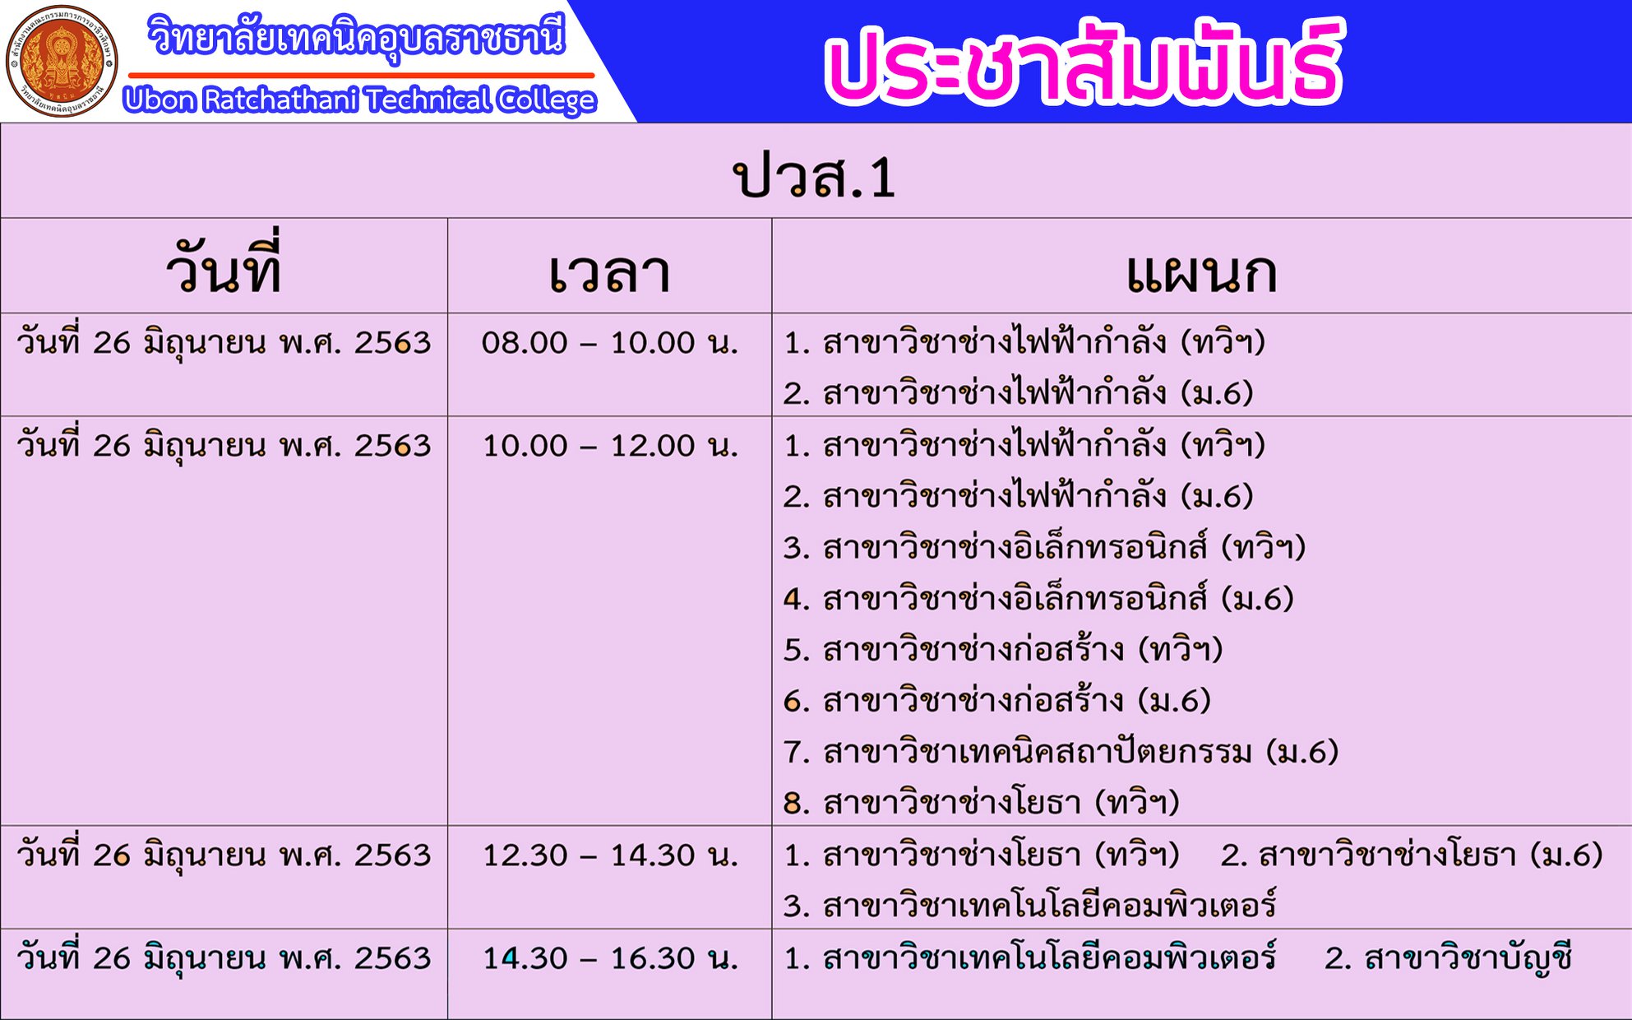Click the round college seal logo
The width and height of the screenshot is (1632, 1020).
click(x=62, y=61)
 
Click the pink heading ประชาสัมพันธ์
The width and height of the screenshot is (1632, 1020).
click(x=1083, y=62)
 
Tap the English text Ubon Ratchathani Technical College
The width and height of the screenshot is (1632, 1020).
click(x=359, y=100)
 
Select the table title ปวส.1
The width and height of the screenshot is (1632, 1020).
click(x=814, y=176)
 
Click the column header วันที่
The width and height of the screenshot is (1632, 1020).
click(x=224, y=266)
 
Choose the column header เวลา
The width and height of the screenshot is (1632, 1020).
click(x=609, y=273)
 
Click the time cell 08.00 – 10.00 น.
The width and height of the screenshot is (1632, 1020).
click(x=610, y=342)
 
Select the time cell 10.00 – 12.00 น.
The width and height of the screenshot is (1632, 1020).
click(x=610, y=445)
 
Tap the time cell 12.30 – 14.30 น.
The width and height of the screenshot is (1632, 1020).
click(x=610, y=855)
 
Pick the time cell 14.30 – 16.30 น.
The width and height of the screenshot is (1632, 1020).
click(x=610, y=957)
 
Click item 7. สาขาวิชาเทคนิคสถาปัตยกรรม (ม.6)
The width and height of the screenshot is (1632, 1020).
click(x=1061, y=751)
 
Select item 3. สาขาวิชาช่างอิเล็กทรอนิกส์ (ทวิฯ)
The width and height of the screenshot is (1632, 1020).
click(x=1044, y=546)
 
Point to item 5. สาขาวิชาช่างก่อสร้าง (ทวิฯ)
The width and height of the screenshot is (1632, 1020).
click(x=1003, y=649)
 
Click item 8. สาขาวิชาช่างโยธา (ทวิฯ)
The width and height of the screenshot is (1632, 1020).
click(x=982, y=802)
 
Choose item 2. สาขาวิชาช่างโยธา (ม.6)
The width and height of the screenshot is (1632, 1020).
click(x=1412, y=855)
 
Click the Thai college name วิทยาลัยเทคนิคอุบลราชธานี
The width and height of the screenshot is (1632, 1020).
click(x=357, y=38)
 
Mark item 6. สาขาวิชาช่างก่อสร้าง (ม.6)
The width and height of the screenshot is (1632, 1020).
click(x=997, y=700)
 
